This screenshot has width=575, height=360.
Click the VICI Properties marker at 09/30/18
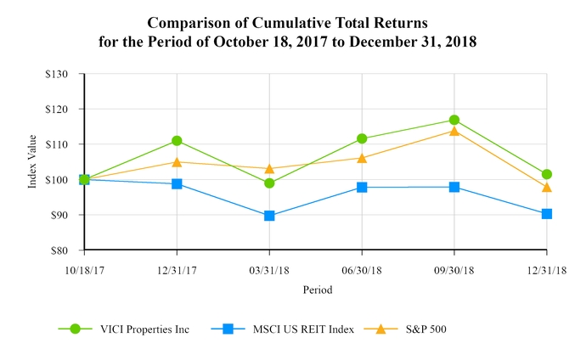pos(454,120)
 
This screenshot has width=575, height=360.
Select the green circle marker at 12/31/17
pos(177,140)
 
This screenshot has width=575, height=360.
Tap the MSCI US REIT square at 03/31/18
pos(269,216)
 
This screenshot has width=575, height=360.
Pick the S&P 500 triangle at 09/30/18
pos(454,131)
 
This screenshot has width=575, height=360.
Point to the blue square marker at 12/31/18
pos(546,214)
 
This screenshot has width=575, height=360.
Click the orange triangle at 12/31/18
pos(546,187)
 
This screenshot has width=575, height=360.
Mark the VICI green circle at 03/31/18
pos(269,183)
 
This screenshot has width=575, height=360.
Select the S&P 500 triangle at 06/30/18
pos(362,158)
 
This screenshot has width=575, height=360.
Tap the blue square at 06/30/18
pos(362,187)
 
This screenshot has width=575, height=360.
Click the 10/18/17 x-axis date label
pos(84,269)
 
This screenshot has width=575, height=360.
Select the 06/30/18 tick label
pos(362,269)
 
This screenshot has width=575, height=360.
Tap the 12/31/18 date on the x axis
pos(546,269)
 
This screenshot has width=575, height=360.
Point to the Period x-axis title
pos(317,290)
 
